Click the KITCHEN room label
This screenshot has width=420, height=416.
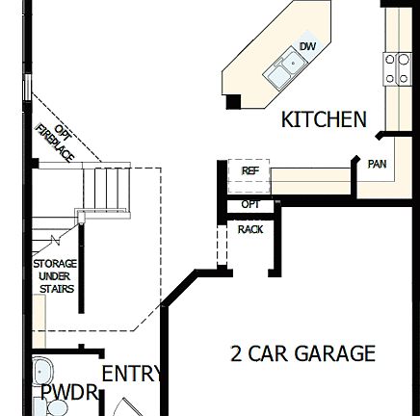point(324,119)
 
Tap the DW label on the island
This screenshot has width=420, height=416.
point(307,46)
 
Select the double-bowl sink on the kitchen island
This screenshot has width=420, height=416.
point(286,68)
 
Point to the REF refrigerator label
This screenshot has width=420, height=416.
point(250,170)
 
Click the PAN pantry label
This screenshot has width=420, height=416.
point(377,164)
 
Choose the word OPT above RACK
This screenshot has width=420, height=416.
point(250,204)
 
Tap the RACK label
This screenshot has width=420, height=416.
point(250,229)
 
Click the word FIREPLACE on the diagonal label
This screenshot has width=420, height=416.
point(54,145)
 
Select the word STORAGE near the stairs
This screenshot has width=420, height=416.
point(55,263)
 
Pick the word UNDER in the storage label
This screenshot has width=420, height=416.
point(55,275)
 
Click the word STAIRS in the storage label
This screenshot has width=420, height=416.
point(56,288)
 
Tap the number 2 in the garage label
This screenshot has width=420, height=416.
point(236,353)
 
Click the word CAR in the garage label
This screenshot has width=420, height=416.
point(263,353)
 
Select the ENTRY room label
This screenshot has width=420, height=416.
point(132,374)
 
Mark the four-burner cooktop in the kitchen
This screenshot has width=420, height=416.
point(397,70)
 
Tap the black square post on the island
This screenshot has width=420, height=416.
point(233,100)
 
